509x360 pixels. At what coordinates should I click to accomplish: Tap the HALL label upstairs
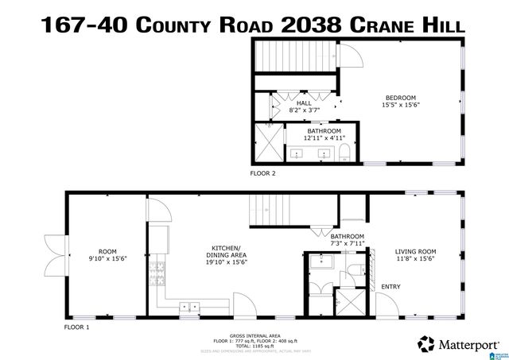coord(305,103)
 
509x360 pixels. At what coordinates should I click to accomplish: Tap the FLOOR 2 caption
coord(262,172)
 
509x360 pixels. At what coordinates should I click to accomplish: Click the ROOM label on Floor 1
coord(107,251)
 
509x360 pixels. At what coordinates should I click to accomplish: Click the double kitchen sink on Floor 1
coord(190,304)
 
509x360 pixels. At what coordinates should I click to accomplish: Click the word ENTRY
coord(391,287)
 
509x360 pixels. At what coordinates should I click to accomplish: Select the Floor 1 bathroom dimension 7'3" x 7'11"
coord(347,244)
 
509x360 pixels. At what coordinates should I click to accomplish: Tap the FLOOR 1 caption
coord(76,327)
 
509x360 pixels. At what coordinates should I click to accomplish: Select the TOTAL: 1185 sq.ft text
coord(254,346)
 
